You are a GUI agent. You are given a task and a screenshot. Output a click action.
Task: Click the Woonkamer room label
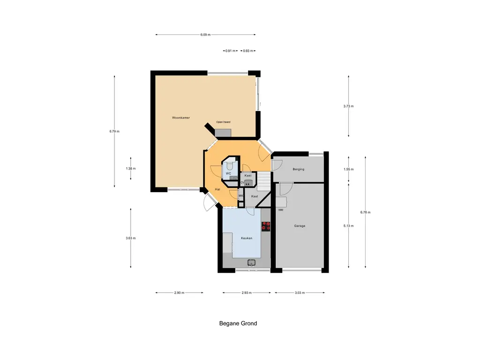click(x=181, y=118)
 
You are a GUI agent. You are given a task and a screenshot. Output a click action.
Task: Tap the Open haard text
click(x=223, y=122)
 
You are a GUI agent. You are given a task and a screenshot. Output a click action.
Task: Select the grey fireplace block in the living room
click(x=223, y=133)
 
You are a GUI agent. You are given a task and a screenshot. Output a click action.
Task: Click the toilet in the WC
click(x=230, y=166)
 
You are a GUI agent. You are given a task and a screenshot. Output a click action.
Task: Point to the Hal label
click(x=217, y=189)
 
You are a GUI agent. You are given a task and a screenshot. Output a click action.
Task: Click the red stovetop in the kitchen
click(x=266, y=226)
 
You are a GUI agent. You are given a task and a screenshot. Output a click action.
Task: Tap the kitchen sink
click(x=252, y=262)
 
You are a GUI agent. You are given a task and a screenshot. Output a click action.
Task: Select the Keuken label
click(x=247, y=238)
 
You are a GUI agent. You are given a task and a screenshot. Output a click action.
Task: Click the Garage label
click(x=300, y=226)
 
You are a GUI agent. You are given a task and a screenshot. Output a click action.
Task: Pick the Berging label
click(x=299, y=169)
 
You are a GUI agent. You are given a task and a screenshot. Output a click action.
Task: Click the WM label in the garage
click(x=281, y=210)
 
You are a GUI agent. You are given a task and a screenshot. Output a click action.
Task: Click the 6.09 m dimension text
click(x=205, y=35)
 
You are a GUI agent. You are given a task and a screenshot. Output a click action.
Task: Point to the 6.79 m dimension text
click(x=114, y=131)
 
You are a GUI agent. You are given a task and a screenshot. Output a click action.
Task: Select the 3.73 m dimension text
click(x=348, y=106)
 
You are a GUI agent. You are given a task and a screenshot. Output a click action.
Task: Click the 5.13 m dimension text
click(x=348, y=226)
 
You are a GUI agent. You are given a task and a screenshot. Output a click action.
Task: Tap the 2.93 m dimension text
click(x=247, y=292)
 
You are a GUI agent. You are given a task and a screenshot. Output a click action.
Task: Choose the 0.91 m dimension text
click(x=230, y=51)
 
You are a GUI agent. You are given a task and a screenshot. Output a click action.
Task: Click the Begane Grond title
click(x=238, y=323)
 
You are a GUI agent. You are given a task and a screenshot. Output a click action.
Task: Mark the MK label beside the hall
click(x=240, y=195)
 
